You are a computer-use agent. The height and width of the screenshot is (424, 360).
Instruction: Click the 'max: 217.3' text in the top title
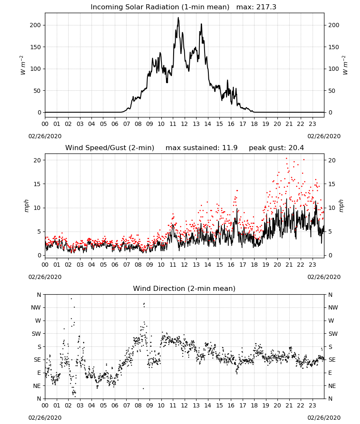256,7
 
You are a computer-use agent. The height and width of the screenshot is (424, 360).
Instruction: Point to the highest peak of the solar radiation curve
178,17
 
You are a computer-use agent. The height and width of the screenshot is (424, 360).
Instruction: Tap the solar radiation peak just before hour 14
201,24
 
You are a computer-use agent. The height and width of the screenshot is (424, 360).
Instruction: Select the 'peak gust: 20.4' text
276,148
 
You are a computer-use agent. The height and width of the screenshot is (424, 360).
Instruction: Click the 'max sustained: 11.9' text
202,148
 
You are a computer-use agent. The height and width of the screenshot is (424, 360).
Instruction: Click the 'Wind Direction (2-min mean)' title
184,288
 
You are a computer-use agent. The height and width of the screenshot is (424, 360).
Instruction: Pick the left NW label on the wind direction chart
36,307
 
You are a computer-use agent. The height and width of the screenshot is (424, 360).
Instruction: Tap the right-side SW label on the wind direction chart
333,334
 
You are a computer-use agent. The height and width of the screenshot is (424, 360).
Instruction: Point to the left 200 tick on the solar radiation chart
36,25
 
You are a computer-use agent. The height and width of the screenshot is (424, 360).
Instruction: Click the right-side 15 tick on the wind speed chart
332,184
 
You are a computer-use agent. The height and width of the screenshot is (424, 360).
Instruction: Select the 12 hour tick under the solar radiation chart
184,124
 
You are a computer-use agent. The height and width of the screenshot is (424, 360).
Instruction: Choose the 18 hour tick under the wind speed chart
254,265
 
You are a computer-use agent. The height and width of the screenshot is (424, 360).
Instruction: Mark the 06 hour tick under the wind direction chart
115,405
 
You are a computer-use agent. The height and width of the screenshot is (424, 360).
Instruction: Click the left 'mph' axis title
26,206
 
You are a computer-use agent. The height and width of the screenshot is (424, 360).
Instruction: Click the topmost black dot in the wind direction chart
71,298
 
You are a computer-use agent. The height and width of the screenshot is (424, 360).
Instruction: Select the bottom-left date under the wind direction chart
45,418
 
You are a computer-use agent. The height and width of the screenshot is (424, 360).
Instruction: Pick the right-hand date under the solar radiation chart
324,136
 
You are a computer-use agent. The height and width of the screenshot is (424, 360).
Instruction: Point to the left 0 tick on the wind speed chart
39,256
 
